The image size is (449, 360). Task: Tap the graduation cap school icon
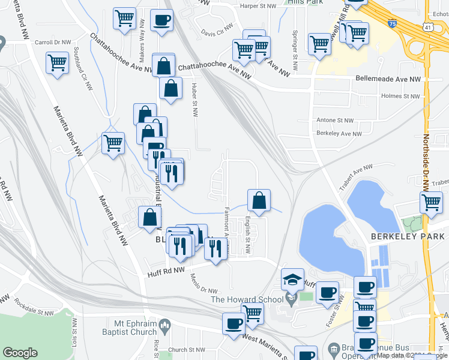coord(292,279)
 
